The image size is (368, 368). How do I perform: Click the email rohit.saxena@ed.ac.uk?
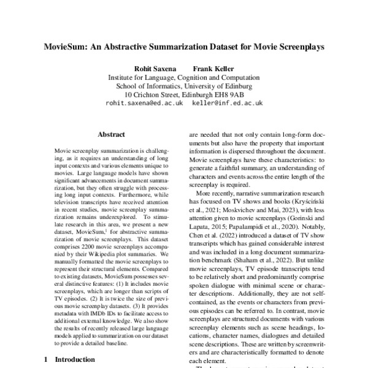pyautogui.click(x=144, y=104)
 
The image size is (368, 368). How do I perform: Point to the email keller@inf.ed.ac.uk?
pyautogui.click(x=227, y=104)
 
